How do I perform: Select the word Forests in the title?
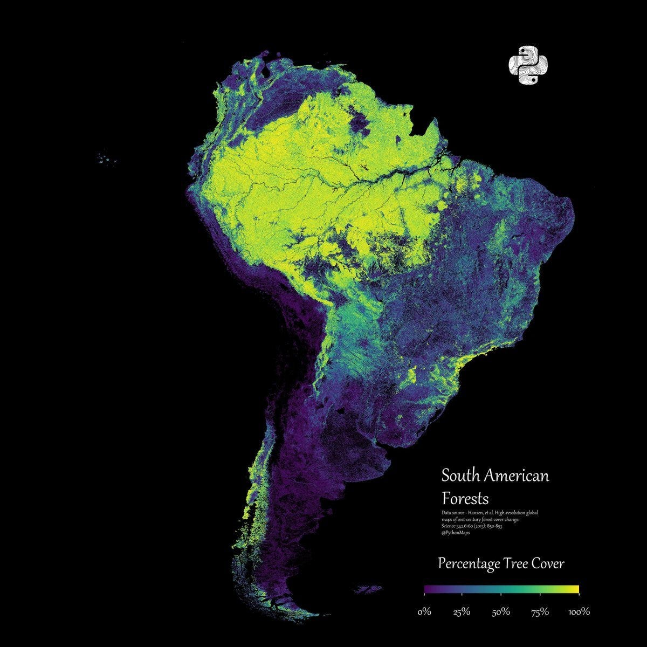coord(465,497)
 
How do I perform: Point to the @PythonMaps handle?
coord(456,532)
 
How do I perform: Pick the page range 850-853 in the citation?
coord(492,526)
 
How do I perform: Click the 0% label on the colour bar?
coord(424,612)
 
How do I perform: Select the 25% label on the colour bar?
coord(462,612)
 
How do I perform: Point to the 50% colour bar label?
coord(501,612)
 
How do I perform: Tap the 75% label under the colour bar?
coord(540,612)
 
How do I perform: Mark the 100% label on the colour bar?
coord(579,612)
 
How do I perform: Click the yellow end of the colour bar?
coord(574,589)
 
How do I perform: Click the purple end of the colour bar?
coord(428,589)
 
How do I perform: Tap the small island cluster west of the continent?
coord(107,159)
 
